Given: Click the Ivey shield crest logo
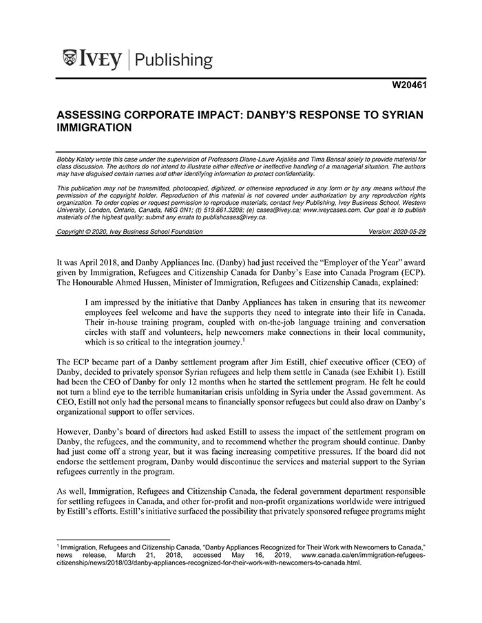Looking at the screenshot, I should click(70, 58).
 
